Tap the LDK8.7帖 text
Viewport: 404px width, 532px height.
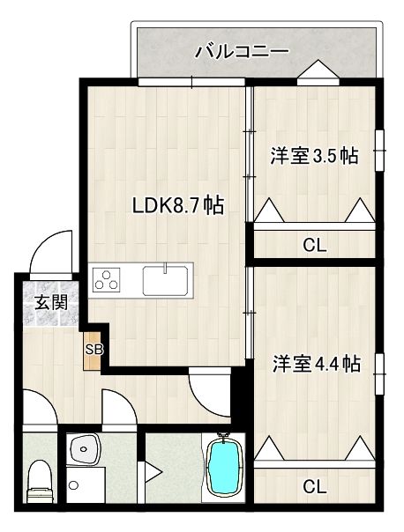pos(177,206)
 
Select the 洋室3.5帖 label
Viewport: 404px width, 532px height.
pos(314,156)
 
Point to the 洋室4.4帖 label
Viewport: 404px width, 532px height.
pos(315,363)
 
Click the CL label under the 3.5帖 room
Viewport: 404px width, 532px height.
pos(314,246)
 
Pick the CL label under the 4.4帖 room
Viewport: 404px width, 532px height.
pos(314,485)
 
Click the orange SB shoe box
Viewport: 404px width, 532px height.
pos(94,349)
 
